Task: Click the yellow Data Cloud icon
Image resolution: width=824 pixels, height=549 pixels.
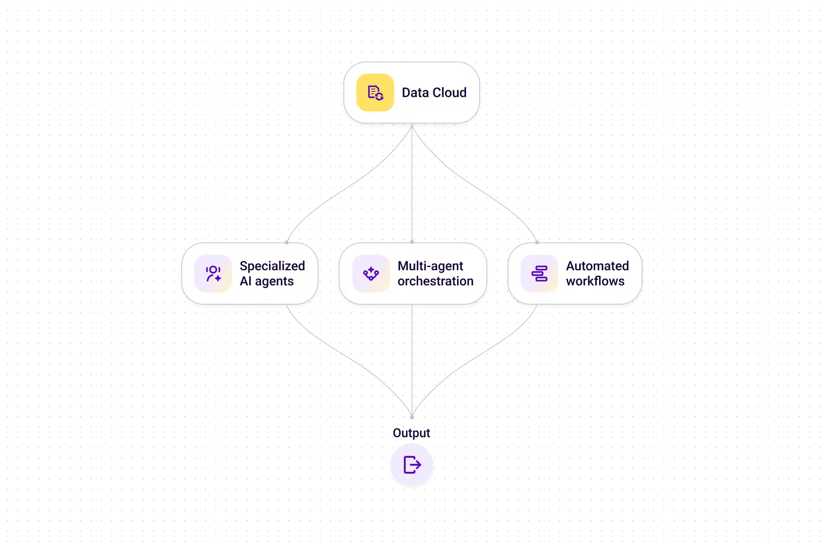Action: (x=375, y=93)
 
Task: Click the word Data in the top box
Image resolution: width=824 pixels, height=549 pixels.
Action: (x=415, y=93)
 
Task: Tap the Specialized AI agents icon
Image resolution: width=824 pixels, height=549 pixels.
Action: (x=213, y=274)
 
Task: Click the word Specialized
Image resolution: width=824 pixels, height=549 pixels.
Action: (x=272, y=266)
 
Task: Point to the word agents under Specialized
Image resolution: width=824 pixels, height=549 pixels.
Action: (x=274, y=282)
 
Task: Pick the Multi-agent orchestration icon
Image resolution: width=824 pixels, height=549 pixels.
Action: (x=371, y=274)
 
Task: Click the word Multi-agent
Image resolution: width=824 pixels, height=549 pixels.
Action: (x=430, y=266)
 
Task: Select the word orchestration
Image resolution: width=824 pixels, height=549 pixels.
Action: (x=435, y=281)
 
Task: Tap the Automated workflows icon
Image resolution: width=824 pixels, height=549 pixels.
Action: (x=539, y=274)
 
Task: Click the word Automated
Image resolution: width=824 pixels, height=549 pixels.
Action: (x=597, y=266)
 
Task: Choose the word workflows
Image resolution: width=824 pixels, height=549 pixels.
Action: (x=595, y=281)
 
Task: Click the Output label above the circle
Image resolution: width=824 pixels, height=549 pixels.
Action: (x=411, y=434)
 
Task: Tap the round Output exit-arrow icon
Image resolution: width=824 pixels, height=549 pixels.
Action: (x=412, y=465)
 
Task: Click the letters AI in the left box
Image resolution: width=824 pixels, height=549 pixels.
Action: (x=245, y=281)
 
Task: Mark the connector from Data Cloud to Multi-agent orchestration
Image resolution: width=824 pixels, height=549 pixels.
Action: (x=412, y=185)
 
